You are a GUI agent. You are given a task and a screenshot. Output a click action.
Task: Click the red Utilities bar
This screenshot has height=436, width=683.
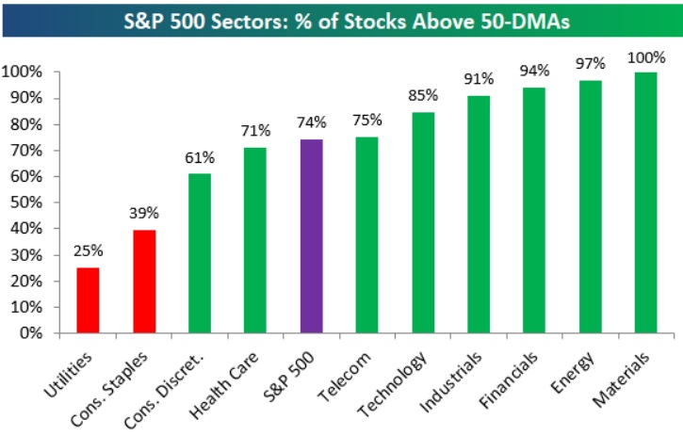pyautogui.click(x=88, y=300)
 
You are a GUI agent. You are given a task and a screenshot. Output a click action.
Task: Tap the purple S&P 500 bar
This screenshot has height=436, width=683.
pyautogui.click(x=311, y=236)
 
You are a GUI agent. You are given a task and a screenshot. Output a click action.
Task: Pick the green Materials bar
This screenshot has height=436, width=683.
pyautogui.click(x=645, y=202)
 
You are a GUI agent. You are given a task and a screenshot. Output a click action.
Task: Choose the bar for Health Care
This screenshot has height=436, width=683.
pyautogui.click(x=255, y=240)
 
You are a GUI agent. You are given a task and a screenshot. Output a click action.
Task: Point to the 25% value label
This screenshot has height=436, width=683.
pyautogui.click(x=89, y=250)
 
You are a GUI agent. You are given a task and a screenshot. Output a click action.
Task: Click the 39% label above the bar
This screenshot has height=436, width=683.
pyautogui.click(x=144, y=214)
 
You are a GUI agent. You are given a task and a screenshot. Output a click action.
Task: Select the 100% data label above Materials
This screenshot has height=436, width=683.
pyautogui.click(x=645, y=56)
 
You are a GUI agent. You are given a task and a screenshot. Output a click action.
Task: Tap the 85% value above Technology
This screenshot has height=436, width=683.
pyautogui.click(x=422, y=95)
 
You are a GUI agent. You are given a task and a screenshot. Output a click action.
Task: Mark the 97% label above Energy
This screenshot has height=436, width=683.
pyautogui.click(x=590, y=63)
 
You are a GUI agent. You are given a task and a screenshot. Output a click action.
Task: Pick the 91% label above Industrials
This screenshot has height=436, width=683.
pyautogui.click(x=479, y=79)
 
